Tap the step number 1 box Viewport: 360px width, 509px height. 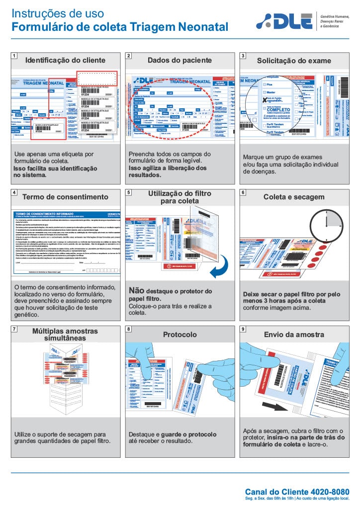tap(15, 56)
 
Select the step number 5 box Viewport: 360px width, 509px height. tap(129, 192)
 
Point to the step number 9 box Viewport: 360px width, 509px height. tap(243, 329)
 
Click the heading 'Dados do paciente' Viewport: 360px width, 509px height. tap(180, 60)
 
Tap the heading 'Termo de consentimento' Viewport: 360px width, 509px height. tap(65, 197)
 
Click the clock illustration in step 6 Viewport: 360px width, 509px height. tap(326, 224)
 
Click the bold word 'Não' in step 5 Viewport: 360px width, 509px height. tap(137, 291)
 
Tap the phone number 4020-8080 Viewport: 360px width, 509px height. tap(328, 491)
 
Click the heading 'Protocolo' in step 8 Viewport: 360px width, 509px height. tap(180, 335)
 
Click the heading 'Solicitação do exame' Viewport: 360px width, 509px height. tap(293, 61)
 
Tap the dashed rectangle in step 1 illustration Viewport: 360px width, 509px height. tap(97, 78)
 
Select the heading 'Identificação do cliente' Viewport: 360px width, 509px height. tap(65, 60)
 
